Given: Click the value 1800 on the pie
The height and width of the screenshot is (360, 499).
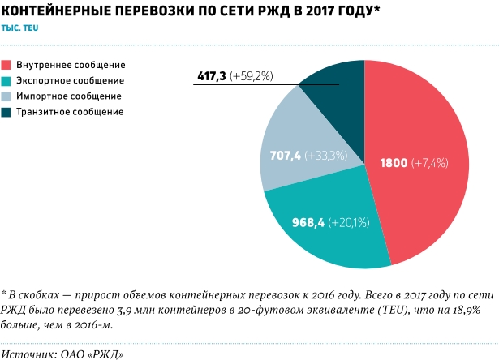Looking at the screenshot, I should [x=394, y=163].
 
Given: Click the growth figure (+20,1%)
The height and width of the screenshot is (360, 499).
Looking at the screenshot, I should [x=351, y=222].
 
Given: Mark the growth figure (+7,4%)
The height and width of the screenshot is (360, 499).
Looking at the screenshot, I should [x=430, y=163].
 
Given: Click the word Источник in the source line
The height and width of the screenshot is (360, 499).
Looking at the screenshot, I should [x=27, y=332].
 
